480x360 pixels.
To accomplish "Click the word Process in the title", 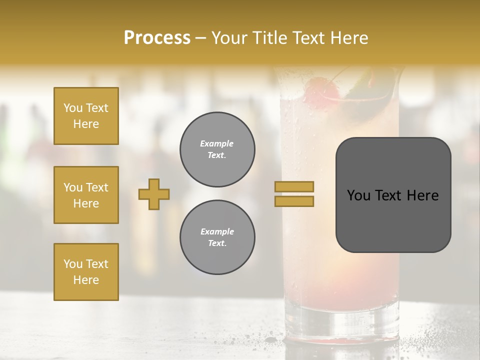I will pos(157,38).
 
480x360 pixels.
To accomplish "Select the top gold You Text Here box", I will pos(86,116).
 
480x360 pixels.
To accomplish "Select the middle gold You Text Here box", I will pos(86,195).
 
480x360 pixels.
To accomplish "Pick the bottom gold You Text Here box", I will pos(86,272).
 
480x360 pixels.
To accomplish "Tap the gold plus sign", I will pos(154,194).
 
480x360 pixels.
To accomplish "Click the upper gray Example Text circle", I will pos(217,149).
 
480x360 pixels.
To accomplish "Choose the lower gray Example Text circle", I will pos(217,237).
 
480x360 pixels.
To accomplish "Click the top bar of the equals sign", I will pos(294,186).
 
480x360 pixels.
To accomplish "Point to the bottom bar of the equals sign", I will pos(294,201).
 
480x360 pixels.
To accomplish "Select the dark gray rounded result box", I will pos(393,195).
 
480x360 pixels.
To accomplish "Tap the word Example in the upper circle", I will pos(216,143).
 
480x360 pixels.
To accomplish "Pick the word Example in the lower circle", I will pos(217,231).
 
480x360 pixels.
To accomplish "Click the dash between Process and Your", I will pos(201,38).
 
